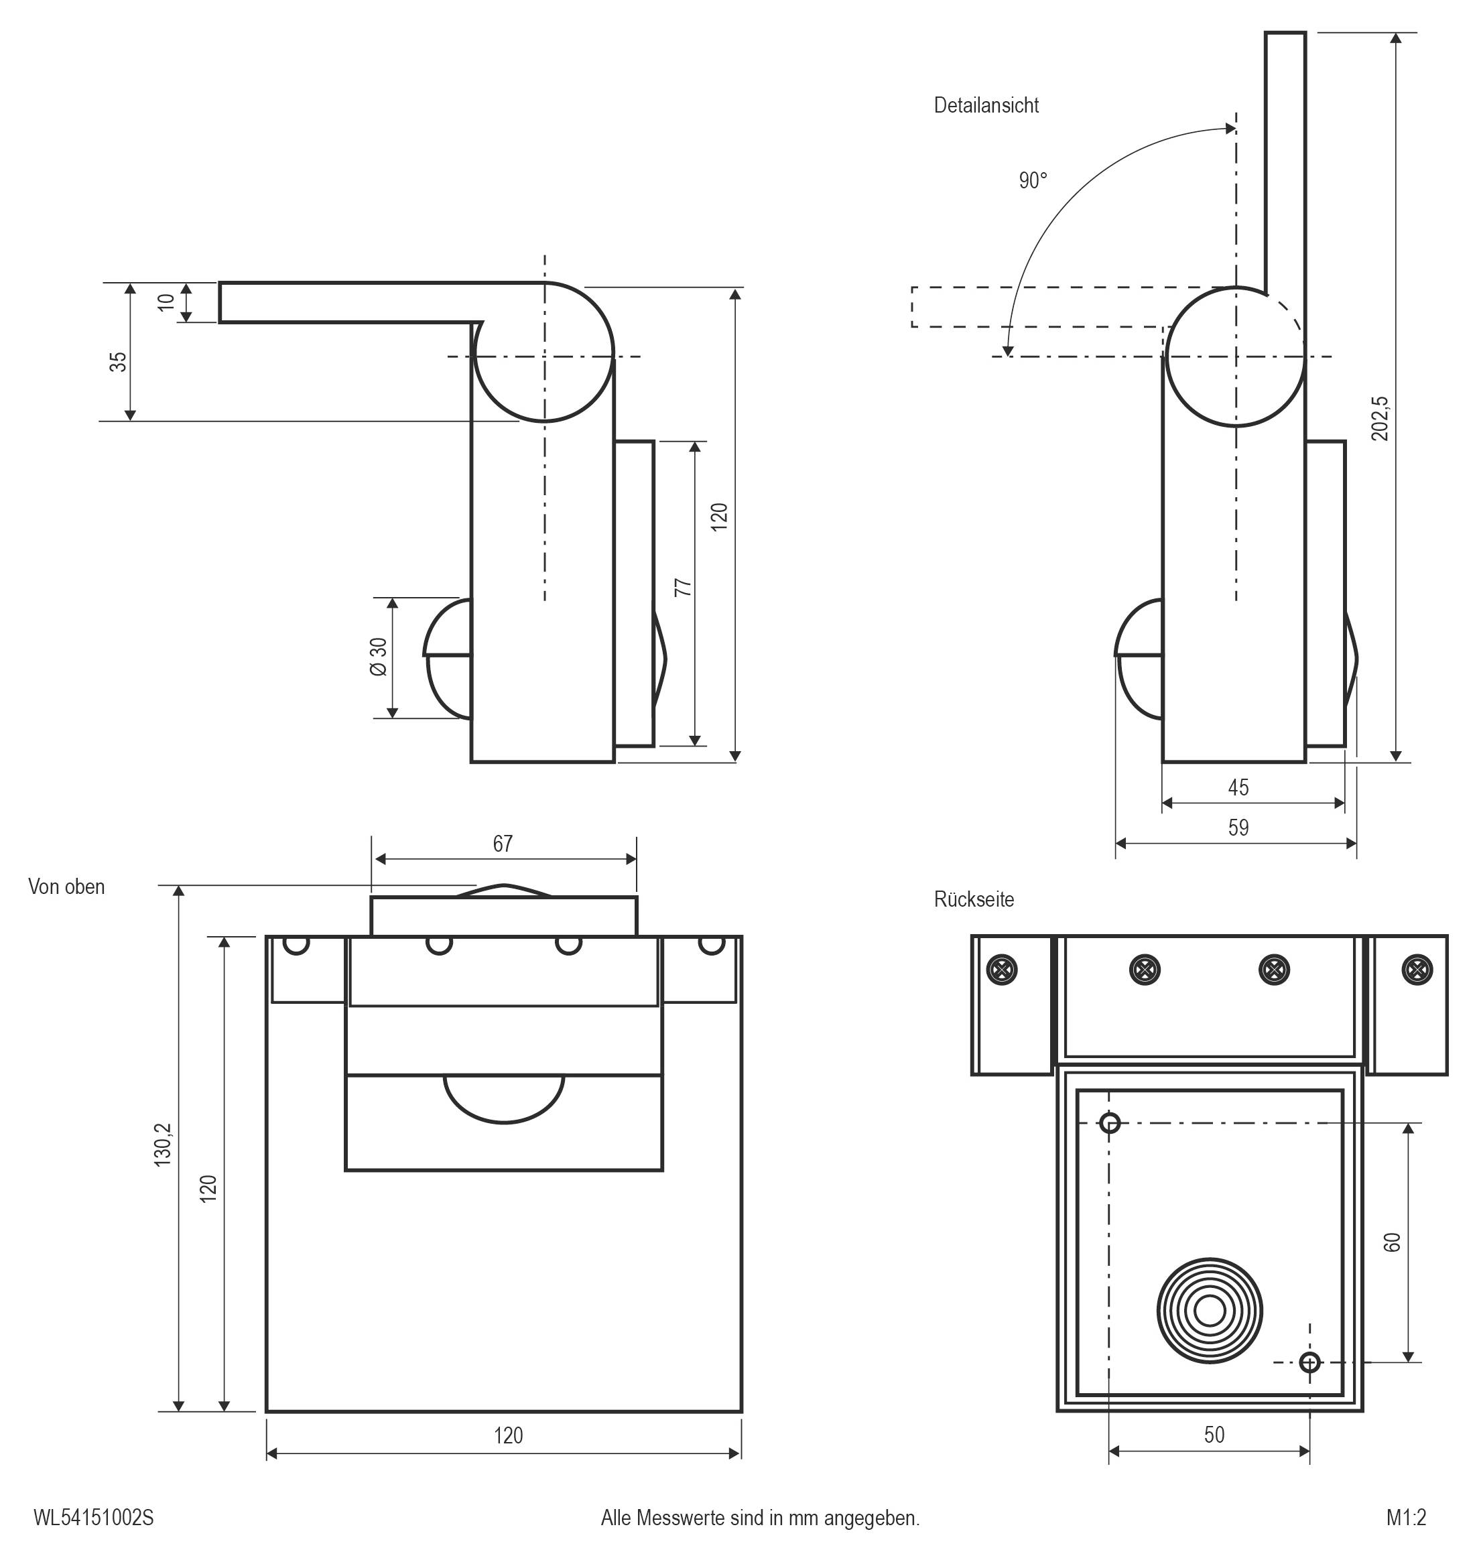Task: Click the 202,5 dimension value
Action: (x=1380, y=418)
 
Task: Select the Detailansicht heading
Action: (x=986, y=105)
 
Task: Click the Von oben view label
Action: (x=66, y=887)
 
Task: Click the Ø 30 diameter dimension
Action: (x=379, y=657)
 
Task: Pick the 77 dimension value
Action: (x=684, y=587)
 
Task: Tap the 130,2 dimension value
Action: (x=163, y=1145)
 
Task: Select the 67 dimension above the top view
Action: (x=503, y=844)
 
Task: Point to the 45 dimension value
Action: (x=1238, y=787)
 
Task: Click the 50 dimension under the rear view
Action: (x=1214, y=1434)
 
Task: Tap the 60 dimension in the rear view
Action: (x=1392, y=1242)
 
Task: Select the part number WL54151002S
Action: (x=94, y=1518)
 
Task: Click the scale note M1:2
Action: (x=1406, y=1518)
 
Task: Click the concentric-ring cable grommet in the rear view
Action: (x=1210, y=1311)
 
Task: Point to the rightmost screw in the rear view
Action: (x=1418, y=970)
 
